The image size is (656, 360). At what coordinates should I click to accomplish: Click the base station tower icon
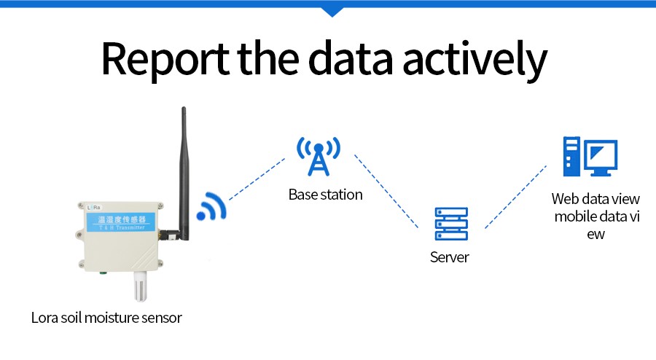tap(318, 155)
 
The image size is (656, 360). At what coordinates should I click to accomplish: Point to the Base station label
tap(325, 195)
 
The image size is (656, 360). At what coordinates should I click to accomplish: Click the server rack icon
tap(450, 224)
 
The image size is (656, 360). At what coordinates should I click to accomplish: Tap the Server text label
tap(450, 257)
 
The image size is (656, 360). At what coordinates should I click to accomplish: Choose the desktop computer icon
tap(590, 157)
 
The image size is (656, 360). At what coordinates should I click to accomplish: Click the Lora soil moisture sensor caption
tap(106, 318)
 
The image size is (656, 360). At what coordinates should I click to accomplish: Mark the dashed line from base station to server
tap(386, 191)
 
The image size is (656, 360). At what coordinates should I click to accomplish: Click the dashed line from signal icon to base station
tap(257, 179)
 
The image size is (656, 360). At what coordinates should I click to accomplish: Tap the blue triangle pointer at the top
tap(332, 11)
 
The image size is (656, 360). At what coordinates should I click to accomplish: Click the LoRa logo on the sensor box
tap(93, 208)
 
